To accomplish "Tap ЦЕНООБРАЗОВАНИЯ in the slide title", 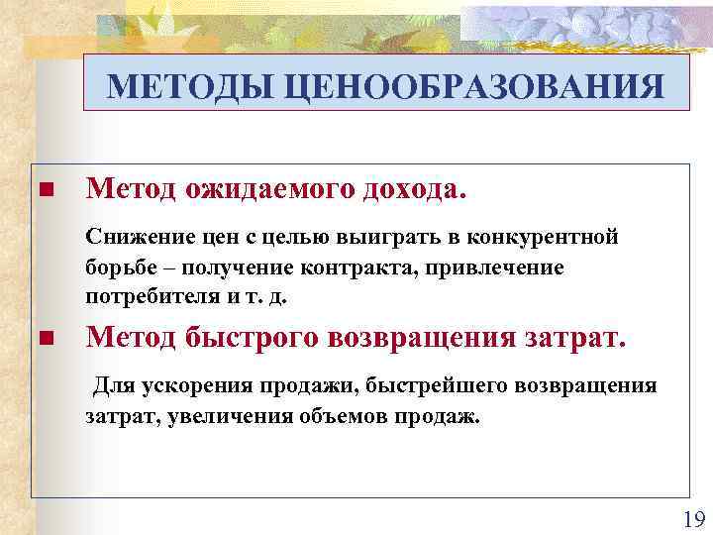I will pyautogui.click(x=473, y=88).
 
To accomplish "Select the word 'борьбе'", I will pyautogui.click(x=117, y=267).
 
